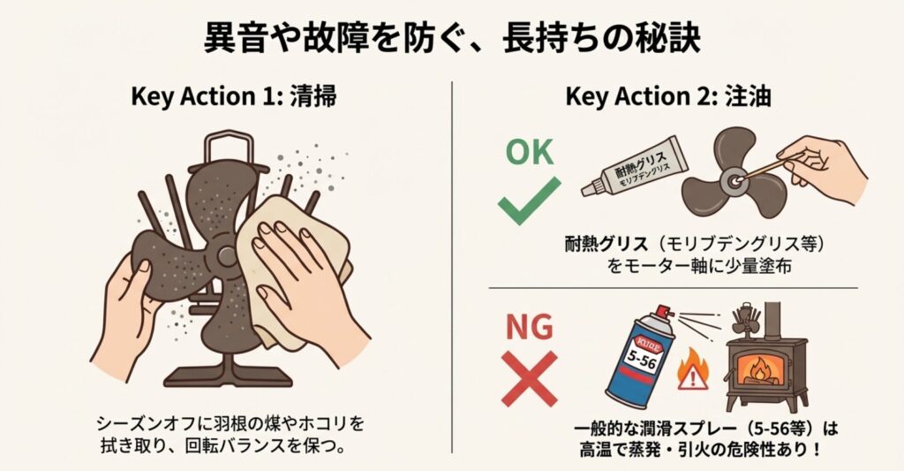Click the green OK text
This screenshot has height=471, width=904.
coord(530,152)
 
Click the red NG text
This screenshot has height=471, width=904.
coord(530,327)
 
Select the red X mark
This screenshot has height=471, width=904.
coord(530,378)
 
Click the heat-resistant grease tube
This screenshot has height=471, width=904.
coord(634,165)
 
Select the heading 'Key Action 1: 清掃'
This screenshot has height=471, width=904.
coord(233,96)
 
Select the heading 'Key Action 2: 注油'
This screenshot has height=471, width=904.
coord(668,96)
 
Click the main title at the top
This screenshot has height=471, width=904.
coord(452,39)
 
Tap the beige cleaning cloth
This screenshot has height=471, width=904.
coord(294,265)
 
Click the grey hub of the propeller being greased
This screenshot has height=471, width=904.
coord(734,180)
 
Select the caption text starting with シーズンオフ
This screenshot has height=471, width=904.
coord(230,434)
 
